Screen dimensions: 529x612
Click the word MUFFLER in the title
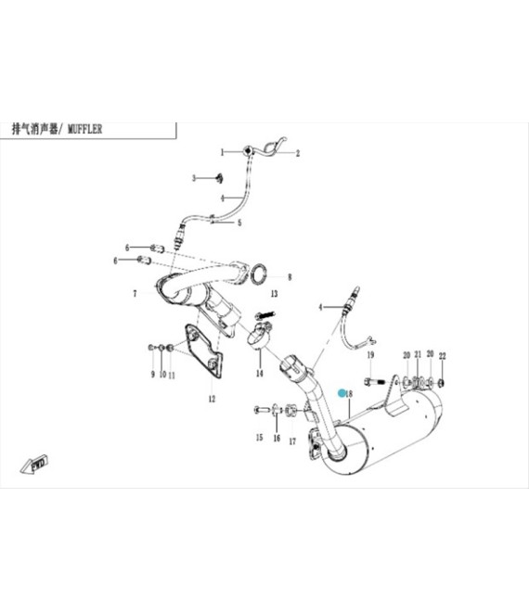click(x=84, y=129)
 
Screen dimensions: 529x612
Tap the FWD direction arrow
click(x=34, y=464)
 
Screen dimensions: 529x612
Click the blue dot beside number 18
click(x=342, y=393)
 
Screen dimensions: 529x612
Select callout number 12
click(x=212, y=399)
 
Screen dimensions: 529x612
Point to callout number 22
click(x=443, y=356)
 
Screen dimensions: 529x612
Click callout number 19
click(x=370, y=355)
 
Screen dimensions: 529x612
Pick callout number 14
click(x=260, y=374)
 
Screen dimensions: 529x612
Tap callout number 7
click(x=135, y=293)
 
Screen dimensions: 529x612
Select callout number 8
click(x=290, y=277)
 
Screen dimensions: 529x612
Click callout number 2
click(x=298, y=153)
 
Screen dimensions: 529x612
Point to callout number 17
click(x=292, y=441)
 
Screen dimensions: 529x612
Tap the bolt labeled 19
click(x=375, y=381)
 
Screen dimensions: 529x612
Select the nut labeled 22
click(x=441, y=383)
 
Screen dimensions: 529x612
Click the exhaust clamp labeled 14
click(x=259, y=335)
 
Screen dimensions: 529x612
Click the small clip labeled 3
click(x=219, y=178)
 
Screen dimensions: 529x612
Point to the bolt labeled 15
click(x=261, y=410)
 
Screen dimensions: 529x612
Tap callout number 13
click(x=274, y=294)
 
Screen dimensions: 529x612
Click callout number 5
click(x=239, y=223)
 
